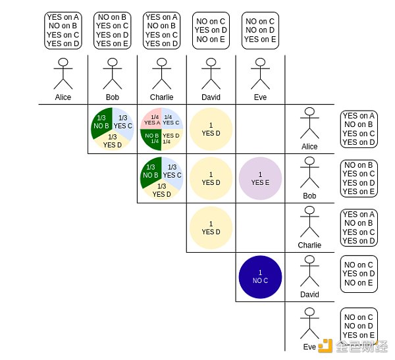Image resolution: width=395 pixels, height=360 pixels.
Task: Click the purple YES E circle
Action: [x=260, y=178]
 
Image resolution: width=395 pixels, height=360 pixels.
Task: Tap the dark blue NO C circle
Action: [x=260, y=276]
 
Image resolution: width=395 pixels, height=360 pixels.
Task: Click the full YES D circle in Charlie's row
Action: [x=211, y=228]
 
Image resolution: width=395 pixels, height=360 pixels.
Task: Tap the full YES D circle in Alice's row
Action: [x=211, y=129]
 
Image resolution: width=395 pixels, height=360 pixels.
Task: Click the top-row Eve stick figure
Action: [x=260, y=73]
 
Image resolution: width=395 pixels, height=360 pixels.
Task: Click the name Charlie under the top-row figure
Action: [x=161, y=97]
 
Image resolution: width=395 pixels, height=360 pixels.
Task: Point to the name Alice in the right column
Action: [x=309, y=147]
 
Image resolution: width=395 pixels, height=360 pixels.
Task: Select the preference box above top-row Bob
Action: [x=113, y=30]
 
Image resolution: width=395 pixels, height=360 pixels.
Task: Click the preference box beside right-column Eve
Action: [x=359, y=326]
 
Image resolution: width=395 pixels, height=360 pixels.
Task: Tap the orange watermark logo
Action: [x=326, y=346]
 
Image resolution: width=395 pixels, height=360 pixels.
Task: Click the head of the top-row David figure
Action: [x=211, y=63]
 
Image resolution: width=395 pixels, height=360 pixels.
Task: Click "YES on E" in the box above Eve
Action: [x=261, y=39]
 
